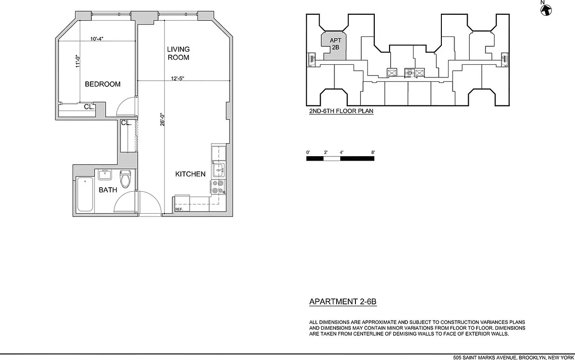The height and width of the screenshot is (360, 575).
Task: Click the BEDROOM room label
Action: pos(103,84)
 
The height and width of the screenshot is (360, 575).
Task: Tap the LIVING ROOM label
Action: pos(179,53)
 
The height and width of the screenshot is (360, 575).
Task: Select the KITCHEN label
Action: pos(190,174)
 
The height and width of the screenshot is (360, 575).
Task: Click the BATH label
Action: pos(108,190)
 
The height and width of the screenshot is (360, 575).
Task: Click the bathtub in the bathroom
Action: pos(85,194)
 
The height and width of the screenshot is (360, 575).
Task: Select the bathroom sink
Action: pos(105,174)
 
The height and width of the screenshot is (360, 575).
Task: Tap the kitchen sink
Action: pos(219,170)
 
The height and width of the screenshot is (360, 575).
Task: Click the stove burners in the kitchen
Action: pos(218,186)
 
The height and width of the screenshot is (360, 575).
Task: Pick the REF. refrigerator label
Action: pos(179,210)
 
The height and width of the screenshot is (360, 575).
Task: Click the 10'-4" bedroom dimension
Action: pos(97,39)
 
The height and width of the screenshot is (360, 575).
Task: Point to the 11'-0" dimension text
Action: pos(77,61)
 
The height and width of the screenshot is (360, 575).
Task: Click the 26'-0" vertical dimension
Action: pos(162,119)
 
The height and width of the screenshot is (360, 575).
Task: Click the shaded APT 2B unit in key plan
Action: pos(335,47)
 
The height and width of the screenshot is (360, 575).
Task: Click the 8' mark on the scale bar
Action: pos(373,153)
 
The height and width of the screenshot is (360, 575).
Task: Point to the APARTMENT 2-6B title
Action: pos(343,302)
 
